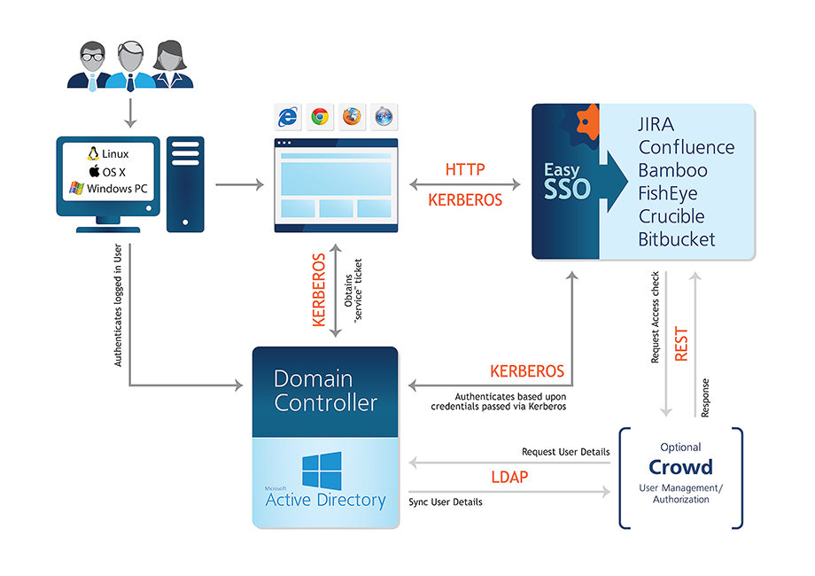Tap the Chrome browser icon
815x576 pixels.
click(320, 117)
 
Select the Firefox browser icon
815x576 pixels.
click(352, 117)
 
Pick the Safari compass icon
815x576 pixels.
click(384, 117)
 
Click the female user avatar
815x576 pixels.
click(170, 66)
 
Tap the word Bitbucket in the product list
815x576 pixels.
click(677, 239)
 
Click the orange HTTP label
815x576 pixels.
click(465, 168)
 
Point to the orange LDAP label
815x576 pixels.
click(509, 478)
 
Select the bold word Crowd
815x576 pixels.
click(680, 467)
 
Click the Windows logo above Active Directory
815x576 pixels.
click(322, 470)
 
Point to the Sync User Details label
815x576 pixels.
click(446, 502)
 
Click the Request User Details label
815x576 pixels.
click(564, 453)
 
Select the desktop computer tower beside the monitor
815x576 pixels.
click(185, 183)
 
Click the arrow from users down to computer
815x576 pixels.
click(130, 112)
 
